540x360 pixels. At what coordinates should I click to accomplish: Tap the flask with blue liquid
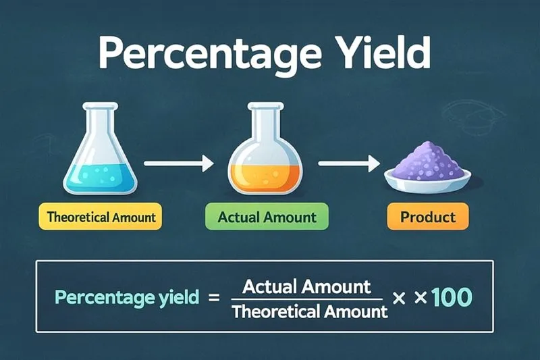100,162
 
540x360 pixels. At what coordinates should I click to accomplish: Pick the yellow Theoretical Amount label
101,217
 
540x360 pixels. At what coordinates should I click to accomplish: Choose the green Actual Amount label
267,217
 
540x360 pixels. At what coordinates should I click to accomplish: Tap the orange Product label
427,217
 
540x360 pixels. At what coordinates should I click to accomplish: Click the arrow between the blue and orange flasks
179,163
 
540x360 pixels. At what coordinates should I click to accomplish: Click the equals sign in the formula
215,297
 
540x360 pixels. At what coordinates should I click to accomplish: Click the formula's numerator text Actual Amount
306,286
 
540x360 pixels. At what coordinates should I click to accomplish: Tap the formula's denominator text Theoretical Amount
310,311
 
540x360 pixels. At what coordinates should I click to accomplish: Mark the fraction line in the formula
307,299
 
